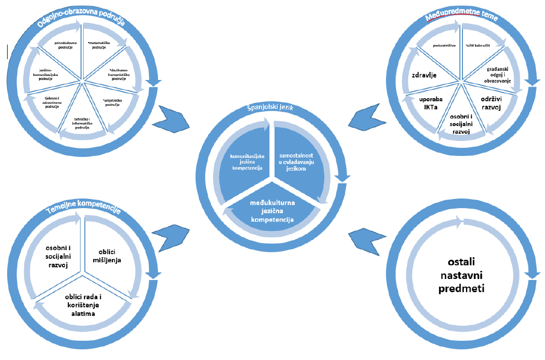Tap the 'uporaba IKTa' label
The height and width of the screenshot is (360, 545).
(x=431, y=103)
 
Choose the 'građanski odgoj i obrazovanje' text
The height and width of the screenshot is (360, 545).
(x=495, y=74)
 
